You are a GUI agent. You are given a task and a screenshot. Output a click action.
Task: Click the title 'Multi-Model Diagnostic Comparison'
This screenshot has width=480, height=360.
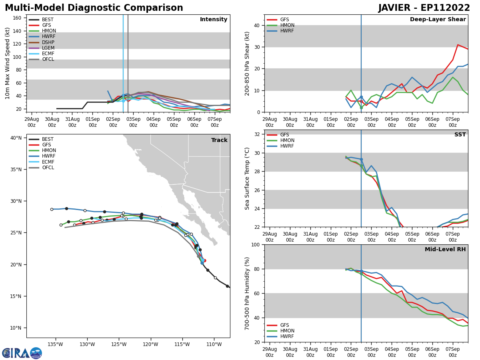click(94, 8)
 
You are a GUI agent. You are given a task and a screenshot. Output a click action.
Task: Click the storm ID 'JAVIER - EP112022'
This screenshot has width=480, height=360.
click(424, 8)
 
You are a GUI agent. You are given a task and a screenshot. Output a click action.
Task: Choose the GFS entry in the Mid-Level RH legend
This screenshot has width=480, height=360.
click(284, 325)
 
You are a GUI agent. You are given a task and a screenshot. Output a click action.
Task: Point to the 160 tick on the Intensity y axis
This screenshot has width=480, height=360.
click(17, 18)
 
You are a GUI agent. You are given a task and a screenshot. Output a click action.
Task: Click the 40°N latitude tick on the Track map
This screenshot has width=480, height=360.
click(16, 138)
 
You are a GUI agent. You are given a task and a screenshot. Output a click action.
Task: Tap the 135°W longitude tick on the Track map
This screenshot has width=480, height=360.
click(55, 344)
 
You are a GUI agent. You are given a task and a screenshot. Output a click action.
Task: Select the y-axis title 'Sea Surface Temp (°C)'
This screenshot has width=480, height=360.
click(247, 178)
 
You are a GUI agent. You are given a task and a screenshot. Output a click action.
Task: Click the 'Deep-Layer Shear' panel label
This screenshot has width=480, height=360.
click(438, 20)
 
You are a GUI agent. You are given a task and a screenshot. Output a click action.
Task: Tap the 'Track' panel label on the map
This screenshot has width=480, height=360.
click(219, 140)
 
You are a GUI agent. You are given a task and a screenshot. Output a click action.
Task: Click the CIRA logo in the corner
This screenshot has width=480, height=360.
click(22, 353)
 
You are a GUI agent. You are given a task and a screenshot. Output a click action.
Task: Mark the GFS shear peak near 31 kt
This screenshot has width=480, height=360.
click(458, 45)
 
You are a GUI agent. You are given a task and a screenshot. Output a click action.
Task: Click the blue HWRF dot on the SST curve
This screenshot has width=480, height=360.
click(361, 159)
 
